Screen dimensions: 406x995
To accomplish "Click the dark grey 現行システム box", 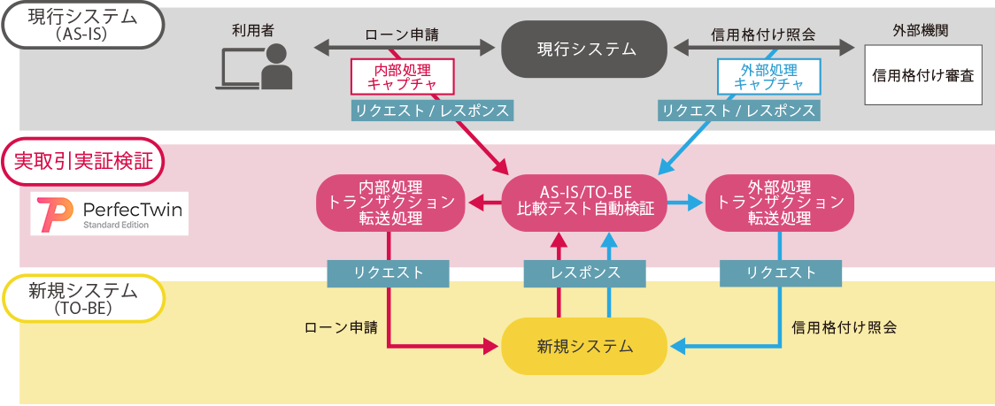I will pos(584,49).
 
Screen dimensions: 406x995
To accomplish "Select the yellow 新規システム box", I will pos(584,346).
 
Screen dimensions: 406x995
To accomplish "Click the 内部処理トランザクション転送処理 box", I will pos(390,203).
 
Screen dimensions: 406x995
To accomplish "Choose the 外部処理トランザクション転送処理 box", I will pos(779,203).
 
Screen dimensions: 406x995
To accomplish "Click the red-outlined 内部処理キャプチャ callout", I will pos(403,77).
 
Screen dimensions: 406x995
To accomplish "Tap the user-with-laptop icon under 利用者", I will pos(255,68).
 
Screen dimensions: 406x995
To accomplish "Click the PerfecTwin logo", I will pos(109,213).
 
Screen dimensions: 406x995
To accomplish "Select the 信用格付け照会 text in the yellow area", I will pos(844,327).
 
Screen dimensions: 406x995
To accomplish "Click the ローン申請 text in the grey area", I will pos(402,35).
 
